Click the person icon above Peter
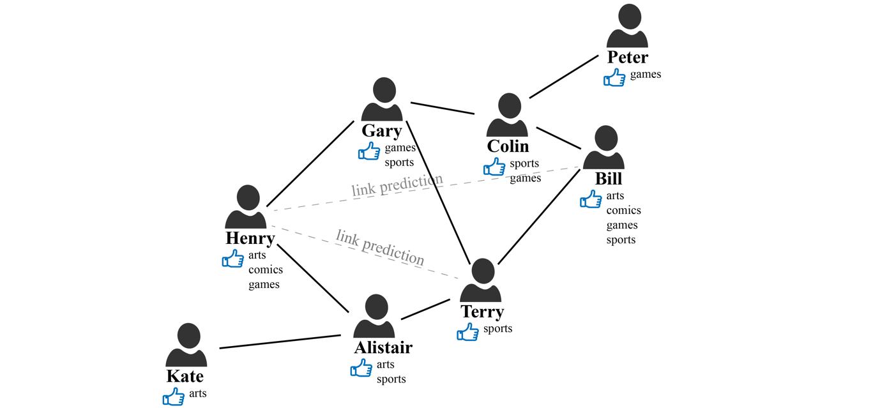[x=627, y=26]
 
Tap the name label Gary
[x=381, y=131]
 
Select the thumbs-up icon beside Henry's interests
[x=233, y=259]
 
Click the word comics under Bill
[x=623, y=210]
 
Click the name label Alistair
[x=383, y=348]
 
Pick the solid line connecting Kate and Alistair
[x=280, y=342]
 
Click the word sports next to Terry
[x=497, y=329]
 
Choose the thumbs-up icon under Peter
[x=614, y=78]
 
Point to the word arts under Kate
[x=198, y=393]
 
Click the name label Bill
[x=608, y=178]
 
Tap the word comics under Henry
[x=266, y=269]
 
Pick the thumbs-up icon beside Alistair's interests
[x=361, y=368]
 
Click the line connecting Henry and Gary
[x=309, y=165]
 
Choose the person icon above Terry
[x=480, y=280]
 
